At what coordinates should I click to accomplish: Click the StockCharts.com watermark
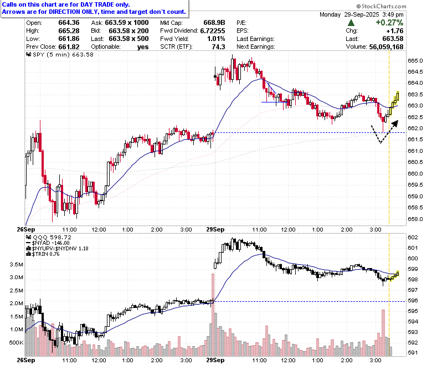381,6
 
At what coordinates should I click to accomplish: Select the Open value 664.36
69,23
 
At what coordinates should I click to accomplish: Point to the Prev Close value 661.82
69,47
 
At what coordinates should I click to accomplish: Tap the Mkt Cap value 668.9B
214,23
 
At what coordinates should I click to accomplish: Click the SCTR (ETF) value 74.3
218,47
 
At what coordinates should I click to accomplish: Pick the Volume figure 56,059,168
386,47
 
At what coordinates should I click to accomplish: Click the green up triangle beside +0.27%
351,23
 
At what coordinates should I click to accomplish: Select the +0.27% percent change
389,23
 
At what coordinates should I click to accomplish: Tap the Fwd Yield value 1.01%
216,39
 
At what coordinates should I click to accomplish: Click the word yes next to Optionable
143,47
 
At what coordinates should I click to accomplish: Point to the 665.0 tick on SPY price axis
415,60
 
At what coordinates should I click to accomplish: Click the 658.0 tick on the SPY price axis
415,219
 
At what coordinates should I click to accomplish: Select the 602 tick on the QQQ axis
413,238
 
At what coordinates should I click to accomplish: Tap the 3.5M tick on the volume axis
16,265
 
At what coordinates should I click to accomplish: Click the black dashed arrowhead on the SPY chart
395,124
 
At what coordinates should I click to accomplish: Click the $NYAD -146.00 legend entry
48,243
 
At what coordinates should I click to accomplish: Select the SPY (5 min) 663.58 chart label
60,54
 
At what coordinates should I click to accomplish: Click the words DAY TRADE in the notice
97,4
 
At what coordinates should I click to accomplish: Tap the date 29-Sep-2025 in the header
362,14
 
